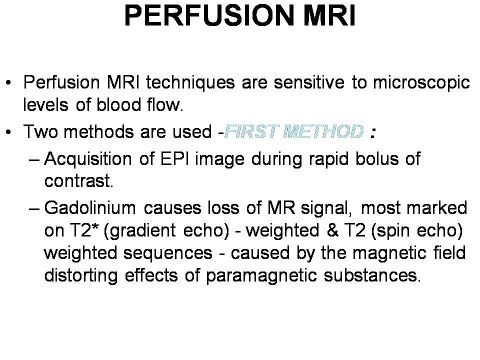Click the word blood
(118, 104)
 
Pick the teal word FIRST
(251, 131)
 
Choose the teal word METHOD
(323, 131)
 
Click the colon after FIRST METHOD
(372, 132)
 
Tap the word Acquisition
(88, 159)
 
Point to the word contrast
(78, 181)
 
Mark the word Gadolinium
(90, 207)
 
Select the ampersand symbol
(332, 230)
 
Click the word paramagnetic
(261, 276)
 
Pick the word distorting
(81, 276)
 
